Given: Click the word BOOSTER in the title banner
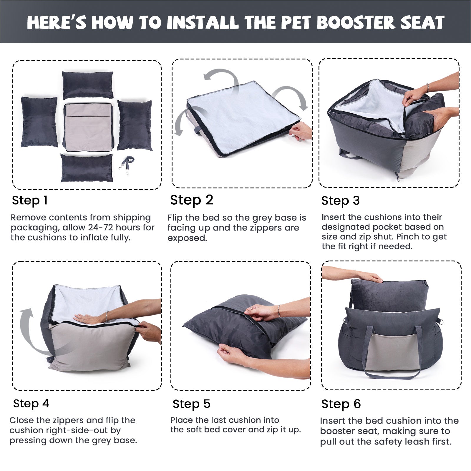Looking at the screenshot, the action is click(356, 22).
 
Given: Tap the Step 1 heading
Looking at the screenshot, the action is click(30, 200).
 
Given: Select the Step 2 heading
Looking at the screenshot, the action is click(192, 200).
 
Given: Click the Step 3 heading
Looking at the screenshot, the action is click(341, 201).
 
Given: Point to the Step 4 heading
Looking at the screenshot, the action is click(31, 403).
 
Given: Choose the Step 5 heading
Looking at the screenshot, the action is click(192, 404).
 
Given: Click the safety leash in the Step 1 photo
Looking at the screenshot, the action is click(127, 165).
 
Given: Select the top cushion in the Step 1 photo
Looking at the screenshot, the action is click(88, 85).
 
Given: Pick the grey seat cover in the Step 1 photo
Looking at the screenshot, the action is click(88, 127).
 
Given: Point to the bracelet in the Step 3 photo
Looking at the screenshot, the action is click(428, 88).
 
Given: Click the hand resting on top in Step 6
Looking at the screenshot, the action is click(371, 277).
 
